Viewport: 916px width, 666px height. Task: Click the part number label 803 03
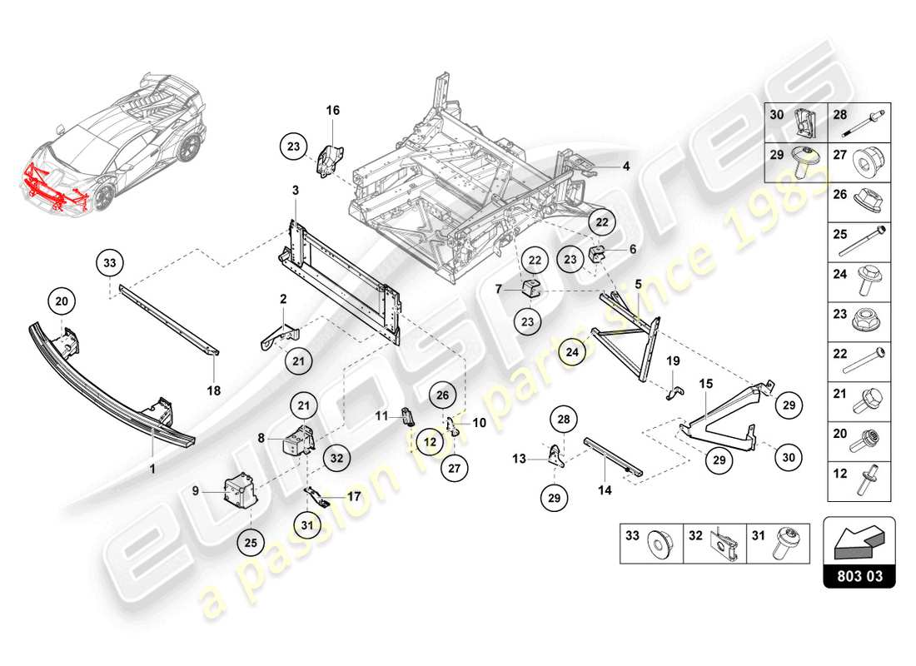tap(859, 575)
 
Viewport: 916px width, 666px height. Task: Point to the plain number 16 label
tap(332, 110)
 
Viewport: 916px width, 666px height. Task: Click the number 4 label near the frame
tap(626, 166)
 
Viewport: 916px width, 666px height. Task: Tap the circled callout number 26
tap(442, 395)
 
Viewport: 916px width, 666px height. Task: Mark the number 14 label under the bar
tap(605, 491)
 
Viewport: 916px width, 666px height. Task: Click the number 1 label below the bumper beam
tap(153, 446)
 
